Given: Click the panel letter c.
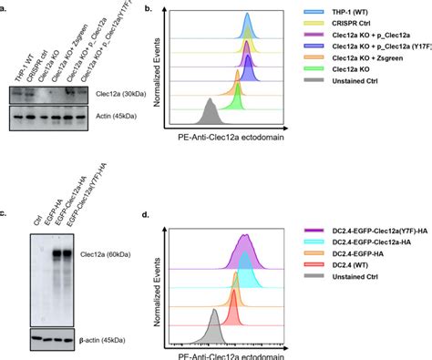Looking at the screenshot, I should click(5, 187).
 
